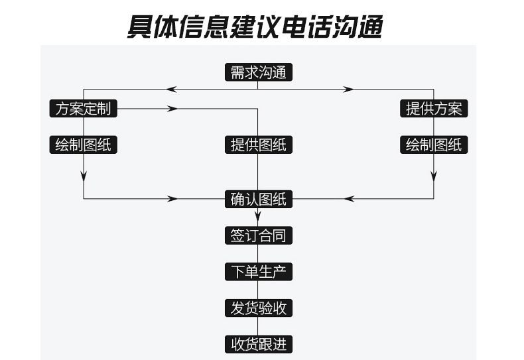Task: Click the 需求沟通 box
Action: (x=258, y=72)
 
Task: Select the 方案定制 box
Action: (x=84, y=109)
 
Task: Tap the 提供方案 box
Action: (x=434, y=109)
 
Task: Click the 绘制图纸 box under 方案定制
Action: (x=84, y=145)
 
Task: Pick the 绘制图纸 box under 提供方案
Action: (x=434, y=145)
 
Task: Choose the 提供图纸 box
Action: (x=258, y=145)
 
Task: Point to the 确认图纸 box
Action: (x=258, y=198)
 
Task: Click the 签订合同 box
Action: (x=258, y=235)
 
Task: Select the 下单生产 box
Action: (x=258, y=272)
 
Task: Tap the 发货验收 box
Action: (x=258, y=308)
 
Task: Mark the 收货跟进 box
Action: (x=258, y=345)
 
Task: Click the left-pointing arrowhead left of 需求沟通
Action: (x=171, y=89)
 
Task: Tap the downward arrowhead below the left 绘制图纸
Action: (x=84, y=176)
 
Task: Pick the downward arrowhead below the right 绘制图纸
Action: (x=434, y=176)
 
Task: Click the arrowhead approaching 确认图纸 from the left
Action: (x=174, y=198)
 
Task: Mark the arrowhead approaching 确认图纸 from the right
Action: (x=350, y=198)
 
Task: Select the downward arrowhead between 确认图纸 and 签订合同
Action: (x=258, y=217)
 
